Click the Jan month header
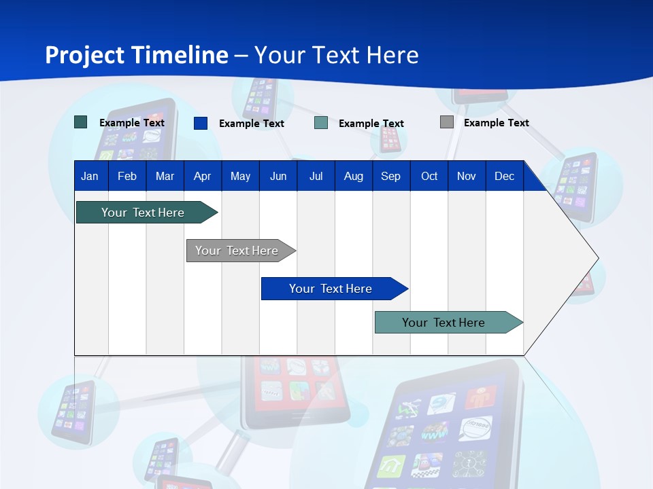click(90, 176)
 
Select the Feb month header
click(127, 176)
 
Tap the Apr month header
click(202, 176)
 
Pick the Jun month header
click(278, 176)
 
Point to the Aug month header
click(353, 176)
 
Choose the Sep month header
click(390, 176)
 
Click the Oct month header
click(429, 176)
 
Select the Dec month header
click(504, 176)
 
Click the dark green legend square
click(81, 122)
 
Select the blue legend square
click(201, 123)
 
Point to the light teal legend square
click(321, 123)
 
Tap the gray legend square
click(447, 122)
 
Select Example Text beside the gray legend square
click(496, 122)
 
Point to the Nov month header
click(467, 176)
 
